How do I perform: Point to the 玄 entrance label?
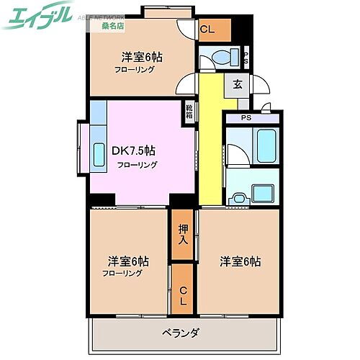[237, 84]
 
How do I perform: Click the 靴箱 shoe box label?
[189, 111]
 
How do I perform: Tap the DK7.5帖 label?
[132, 151]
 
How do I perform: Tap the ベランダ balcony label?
[180, 332]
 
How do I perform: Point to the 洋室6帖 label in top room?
[140, 57]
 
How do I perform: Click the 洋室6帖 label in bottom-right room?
[240, 261]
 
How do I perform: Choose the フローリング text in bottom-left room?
[122, 274]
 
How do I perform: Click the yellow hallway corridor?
[209, 144]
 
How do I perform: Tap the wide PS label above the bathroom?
[246, 118]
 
